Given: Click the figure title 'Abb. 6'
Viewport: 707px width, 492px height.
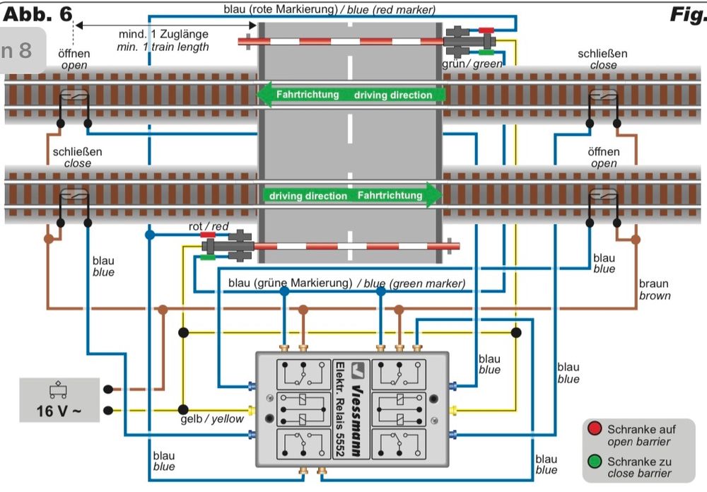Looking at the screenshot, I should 37,13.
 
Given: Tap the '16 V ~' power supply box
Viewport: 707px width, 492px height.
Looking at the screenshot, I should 59,401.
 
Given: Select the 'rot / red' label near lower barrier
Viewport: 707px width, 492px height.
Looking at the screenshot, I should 209,226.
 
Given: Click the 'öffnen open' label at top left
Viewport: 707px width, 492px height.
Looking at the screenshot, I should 74,59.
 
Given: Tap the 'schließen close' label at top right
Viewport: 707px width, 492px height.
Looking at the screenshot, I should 602,59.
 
